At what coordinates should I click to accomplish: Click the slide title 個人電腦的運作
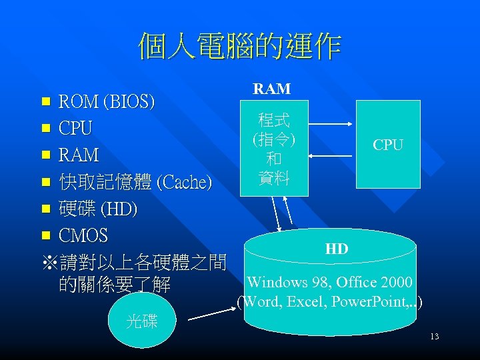(239, 47)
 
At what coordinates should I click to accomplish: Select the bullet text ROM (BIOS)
(107, 102)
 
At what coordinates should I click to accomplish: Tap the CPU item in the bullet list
(75, 127)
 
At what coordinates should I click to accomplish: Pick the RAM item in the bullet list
(79, 155)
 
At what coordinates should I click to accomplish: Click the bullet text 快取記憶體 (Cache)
(135, 181)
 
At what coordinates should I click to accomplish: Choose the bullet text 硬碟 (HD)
(98, 209)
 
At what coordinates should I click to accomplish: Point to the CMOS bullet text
(83, 236)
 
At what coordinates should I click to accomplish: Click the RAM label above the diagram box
(271, 88)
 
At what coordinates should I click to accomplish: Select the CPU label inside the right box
(387, 145)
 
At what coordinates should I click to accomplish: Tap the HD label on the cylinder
(337, 249)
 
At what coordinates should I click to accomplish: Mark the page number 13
(434, 337)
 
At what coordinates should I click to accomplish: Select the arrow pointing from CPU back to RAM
(332, 156)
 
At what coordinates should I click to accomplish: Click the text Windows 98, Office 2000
(329, 283)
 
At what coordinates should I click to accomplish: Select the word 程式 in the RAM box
(274, 121)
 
